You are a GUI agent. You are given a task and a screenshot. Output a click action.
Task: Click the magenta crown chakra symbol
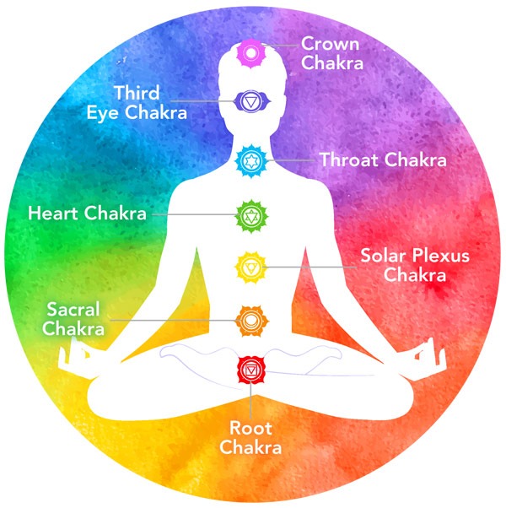[250, 53]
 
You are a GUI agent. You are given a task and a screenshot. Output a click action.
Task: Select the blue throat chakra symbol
[250, 158]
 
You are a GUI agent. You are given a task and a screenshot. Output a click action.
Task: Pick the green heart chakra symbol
[250, 214]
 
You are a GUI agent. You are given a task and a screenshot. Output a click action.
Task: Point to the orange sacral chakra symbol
[250, 320]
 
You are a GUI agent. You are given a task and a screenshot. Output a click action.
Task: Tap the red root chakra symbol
[250, 369]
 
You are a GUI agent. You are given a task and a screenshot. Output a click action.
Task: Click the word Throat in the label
[351, 159]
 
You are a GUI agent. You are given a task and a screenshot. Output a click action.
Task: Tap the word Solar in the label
[385, 256]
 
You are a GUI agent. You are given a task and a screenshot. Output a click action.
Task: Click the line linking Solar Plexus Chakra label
[312, 268]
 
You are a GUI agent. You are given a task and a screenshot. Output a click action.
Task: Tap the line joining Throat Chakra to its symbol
[291, 159]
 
